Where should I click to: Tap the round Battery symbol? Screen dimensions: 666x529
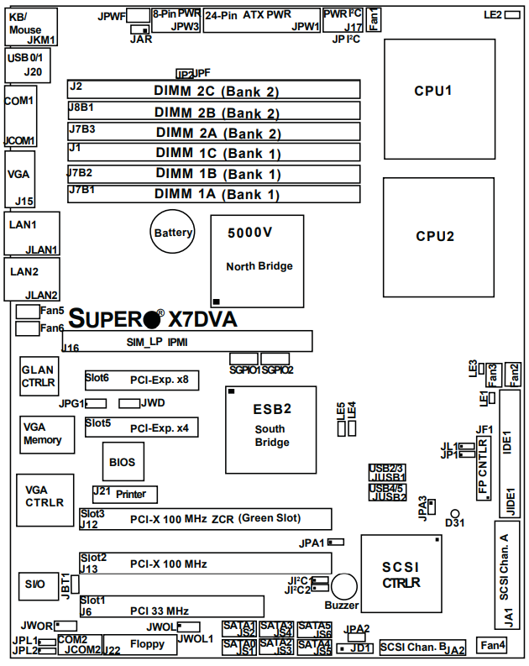[173, 233]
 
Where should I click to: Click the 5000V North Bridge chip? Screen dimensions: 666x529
[256, 261]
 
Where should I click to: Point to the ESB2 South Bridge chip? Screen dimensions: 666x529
[270, 428]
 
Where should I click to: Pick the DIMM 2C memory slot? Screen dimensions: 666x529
[215, 90]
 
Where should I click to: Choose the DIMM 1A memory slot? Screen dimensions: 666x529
[215, 194]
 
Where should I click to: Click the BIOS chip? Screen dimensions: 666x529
[123, 462]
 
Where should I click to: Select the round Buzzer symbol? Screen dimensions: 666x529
[343, 587]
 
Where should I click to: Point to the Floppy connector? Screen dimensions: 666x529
[148, 644]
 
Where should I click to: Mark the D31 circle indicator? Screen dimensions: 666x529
[454, 512]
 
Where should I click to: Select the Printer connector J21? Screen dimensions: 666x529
[124, 494]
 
